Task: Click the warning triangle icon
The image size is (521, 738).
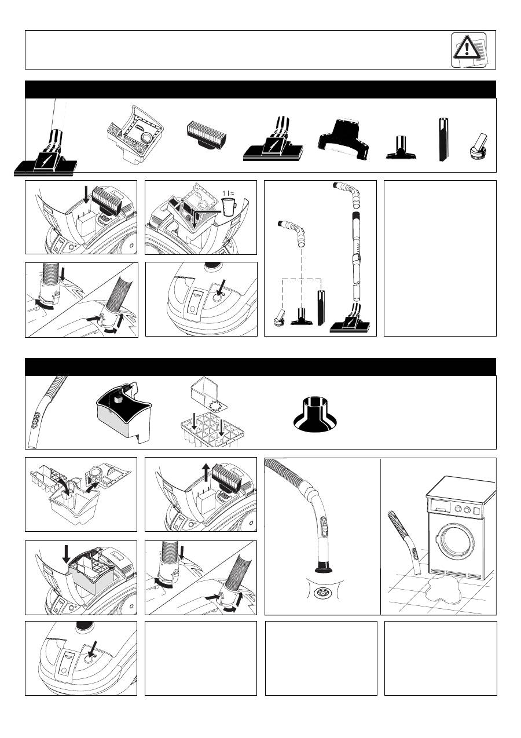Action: pos(467,48)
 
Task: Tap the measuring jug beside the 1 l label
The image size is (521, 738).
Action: pos(229,207)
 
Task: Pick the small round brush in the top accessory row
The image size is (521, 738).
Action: pos(478,147)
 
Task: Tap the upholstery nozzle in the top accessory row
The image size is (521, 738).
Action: pos(401,147)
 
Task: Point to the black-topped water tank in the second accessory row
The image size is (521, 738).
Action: pos(124,413)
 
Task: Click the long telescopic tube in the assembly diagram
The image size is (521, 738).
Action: pos(357,257)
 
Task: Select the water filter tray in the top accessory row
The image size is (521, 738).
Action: pos(135,134)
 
